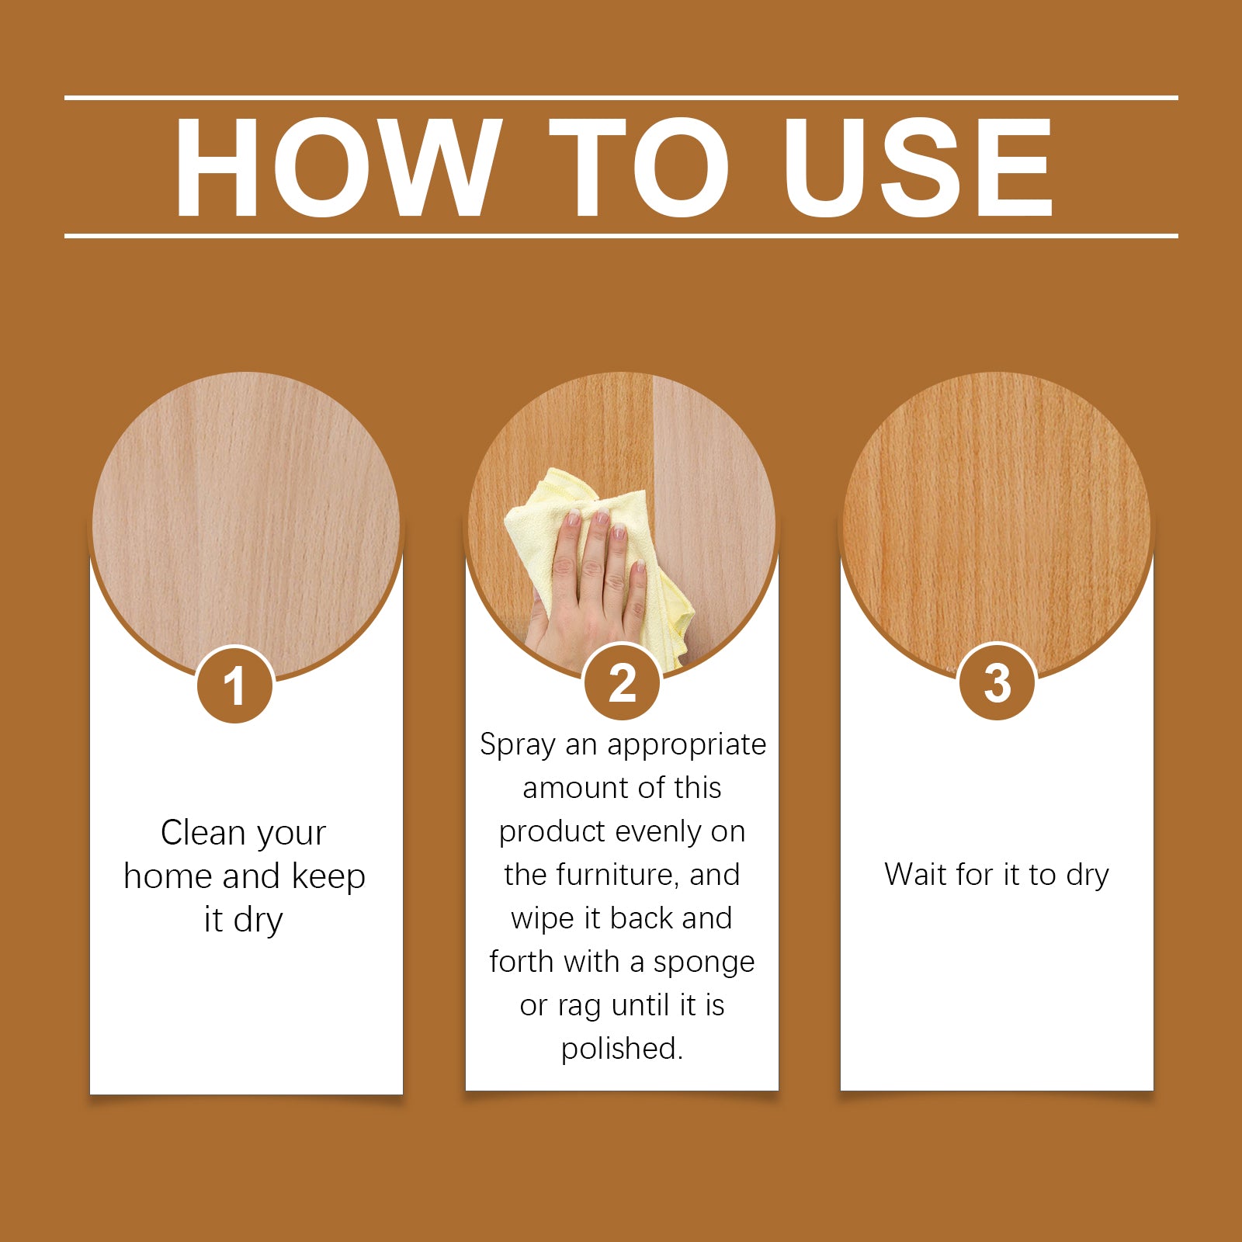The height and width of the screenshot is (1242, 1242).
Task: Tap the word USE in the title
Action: click(x=918, y=168)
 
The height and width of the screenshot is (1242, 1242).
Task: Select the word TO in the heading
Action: click(x=639, y=168)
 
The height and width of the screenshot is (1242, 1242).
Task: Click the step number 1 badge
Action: click(x=234, y=685)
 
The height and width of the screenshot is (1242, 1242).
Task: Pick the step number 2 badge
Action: click(x=622, y=682)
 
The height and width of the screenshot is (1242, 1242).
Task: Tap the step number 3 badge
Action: click(x=997, y=682)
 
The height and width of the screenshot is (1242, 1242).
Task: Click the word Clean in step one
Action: click(x=203, y=833)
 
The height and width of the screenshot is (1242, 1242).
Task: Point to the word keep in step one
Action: click(x=328, y=876)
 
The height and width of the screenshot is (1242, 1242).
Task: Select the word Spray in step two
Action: click(x=518, y=745)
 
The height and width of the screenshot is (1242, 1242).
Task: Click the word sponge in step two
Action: click(x=703, y=963)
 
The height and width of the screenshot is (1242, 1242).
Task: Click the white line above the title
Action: click(x=621, y=98)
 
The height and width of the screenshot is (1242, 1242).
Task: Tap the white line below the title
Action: click(x=621, y=235)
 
